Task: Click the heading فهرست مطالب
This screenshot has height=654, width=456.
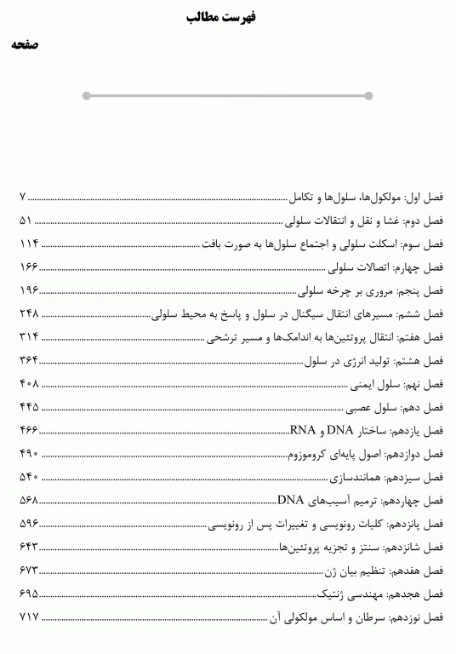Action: pos(227,16)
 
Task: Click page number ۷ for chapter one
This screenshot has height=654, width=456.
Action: pos(23,198)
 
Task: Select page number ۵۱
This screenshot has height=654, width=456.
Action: pos(26,221)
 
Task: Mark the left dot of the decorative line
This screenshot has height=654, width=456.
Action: pos(87,95)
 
